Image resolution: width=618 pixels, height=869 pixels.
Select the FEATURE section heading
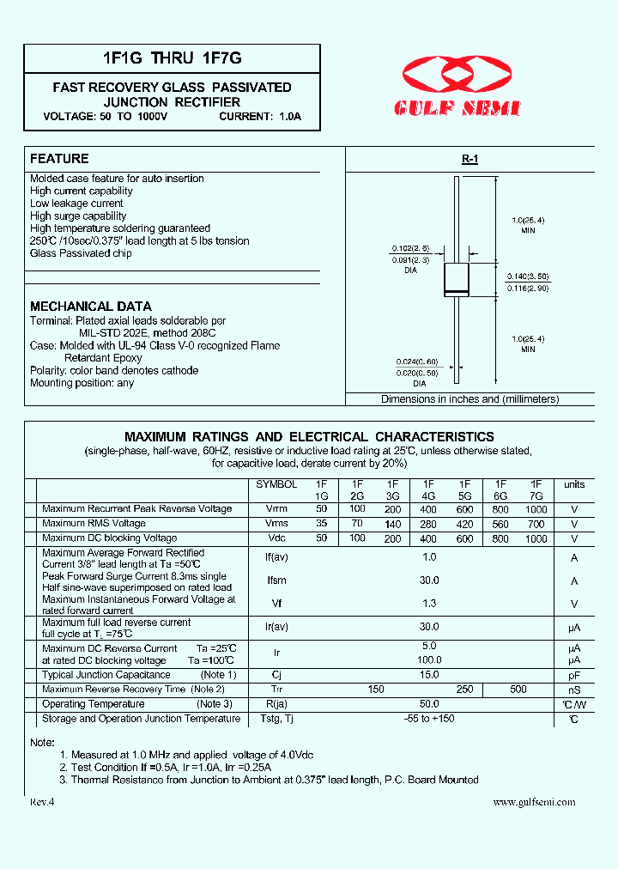pyautogui.click(x=59, y=159)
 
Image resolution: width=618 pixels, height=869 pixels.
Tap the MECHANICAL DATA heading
pyautogui.click(x=91, y=307)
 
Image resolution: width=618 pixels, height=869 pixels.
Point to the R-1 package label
pyautogui.click(x=470, y=160)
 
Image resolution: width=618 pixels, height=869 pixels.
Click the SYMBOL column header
pyautogui.click(x=276, y=485)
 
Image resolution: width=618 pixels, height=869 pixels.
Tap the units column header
pyautogui.click(x=574, y=485)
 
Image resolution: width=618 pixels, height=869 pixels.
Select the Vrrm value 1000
pyautogui.click(x=536, y=509)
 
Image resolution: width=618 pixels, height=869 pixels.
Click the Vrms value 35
pyautogui.click(x=322, y=524)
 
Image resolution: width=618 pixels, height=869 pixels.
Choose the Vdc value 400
pyautogui.click(x=429, y=539)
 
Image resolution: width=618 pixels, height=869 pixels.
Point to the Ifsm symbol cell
pyautogui.click(x=276, y=581)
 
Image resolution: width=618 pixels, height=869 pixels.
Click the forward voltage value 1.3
pyautogui.click(x=429, y=604)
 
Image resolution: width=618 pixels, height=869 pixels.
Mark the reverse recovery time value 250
pyautogui.click(x=464, y=690)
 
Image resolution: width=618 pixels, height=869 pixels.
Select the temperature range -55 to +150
pyautogui.click(x=429, y=719)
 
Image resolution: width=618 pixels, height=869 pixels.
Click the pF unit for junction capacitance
pyautogui.click(x=574, y=676)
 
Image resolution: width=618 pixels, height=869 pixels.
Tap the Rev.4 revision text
pyautogui.click(x=42, y=802)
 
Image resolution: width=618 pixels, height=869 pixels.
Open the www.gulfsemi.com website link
pyautogui.click(x=534, y=802)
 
